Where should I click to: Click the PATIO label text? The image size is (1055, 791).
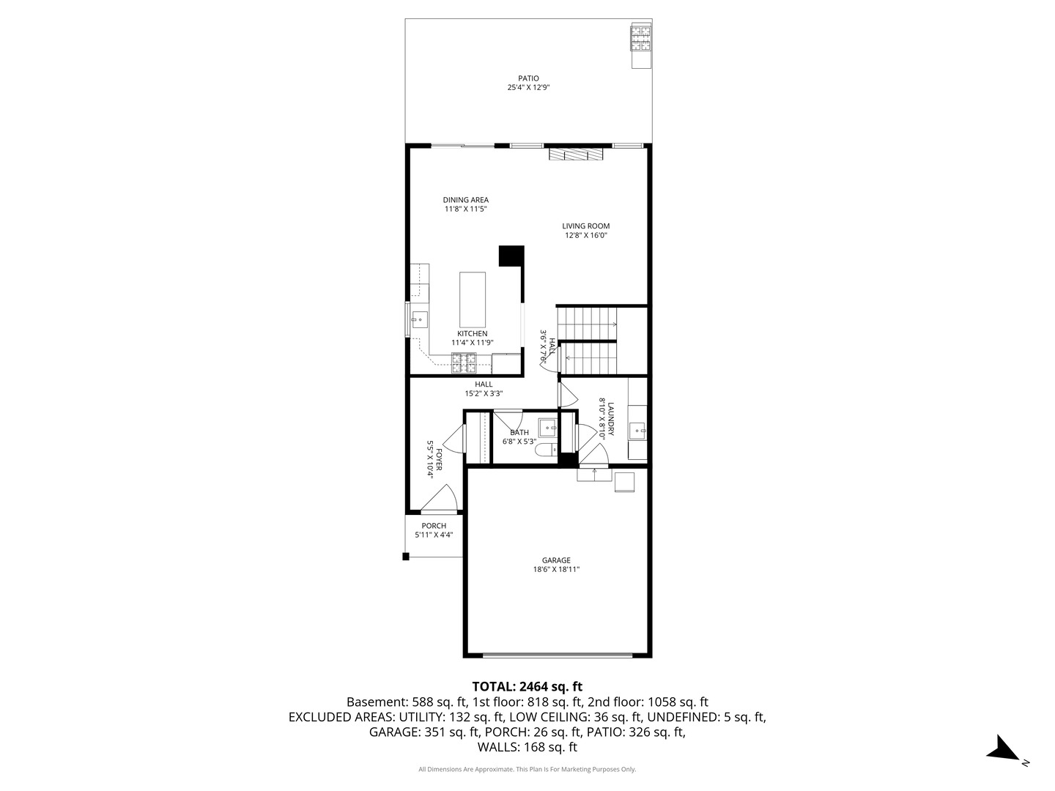click(x=528, y=78)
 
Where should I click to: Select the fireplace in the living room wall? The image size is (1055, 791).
click(x=577, y=154)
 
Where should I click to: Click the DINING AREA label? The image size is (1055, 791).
click(x=465, y=200)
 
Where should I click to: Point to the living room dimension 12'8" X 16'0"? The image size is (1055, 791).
click(x=585, y=236)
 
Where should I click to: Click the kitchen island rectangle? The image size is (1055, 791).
click(x=473, y=300)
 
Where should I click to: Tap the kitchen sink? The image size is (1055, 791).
click(x=420, y=319)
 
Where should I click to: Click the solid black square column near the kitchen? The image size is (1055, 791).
click(x=511, y=256)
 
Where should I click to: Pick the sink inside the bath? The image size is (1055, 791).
click(x=547, y=427)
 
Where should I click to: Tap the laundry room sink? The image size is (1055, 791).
click(x=637, y=429)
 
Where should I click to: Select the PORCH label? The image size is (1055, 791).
click(x=434, y=526)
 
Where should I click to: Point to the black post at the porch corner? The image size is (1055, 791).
click(x=405, y=557)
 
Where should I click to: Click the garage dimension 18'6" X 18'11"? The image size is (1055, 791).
click(x=556, y=569)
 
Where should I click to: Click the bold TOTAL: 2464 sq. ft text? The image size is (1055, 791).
click(x=527, y=686)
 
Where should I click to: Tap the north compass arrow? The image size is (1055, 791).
click(x=1002, y=749)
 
